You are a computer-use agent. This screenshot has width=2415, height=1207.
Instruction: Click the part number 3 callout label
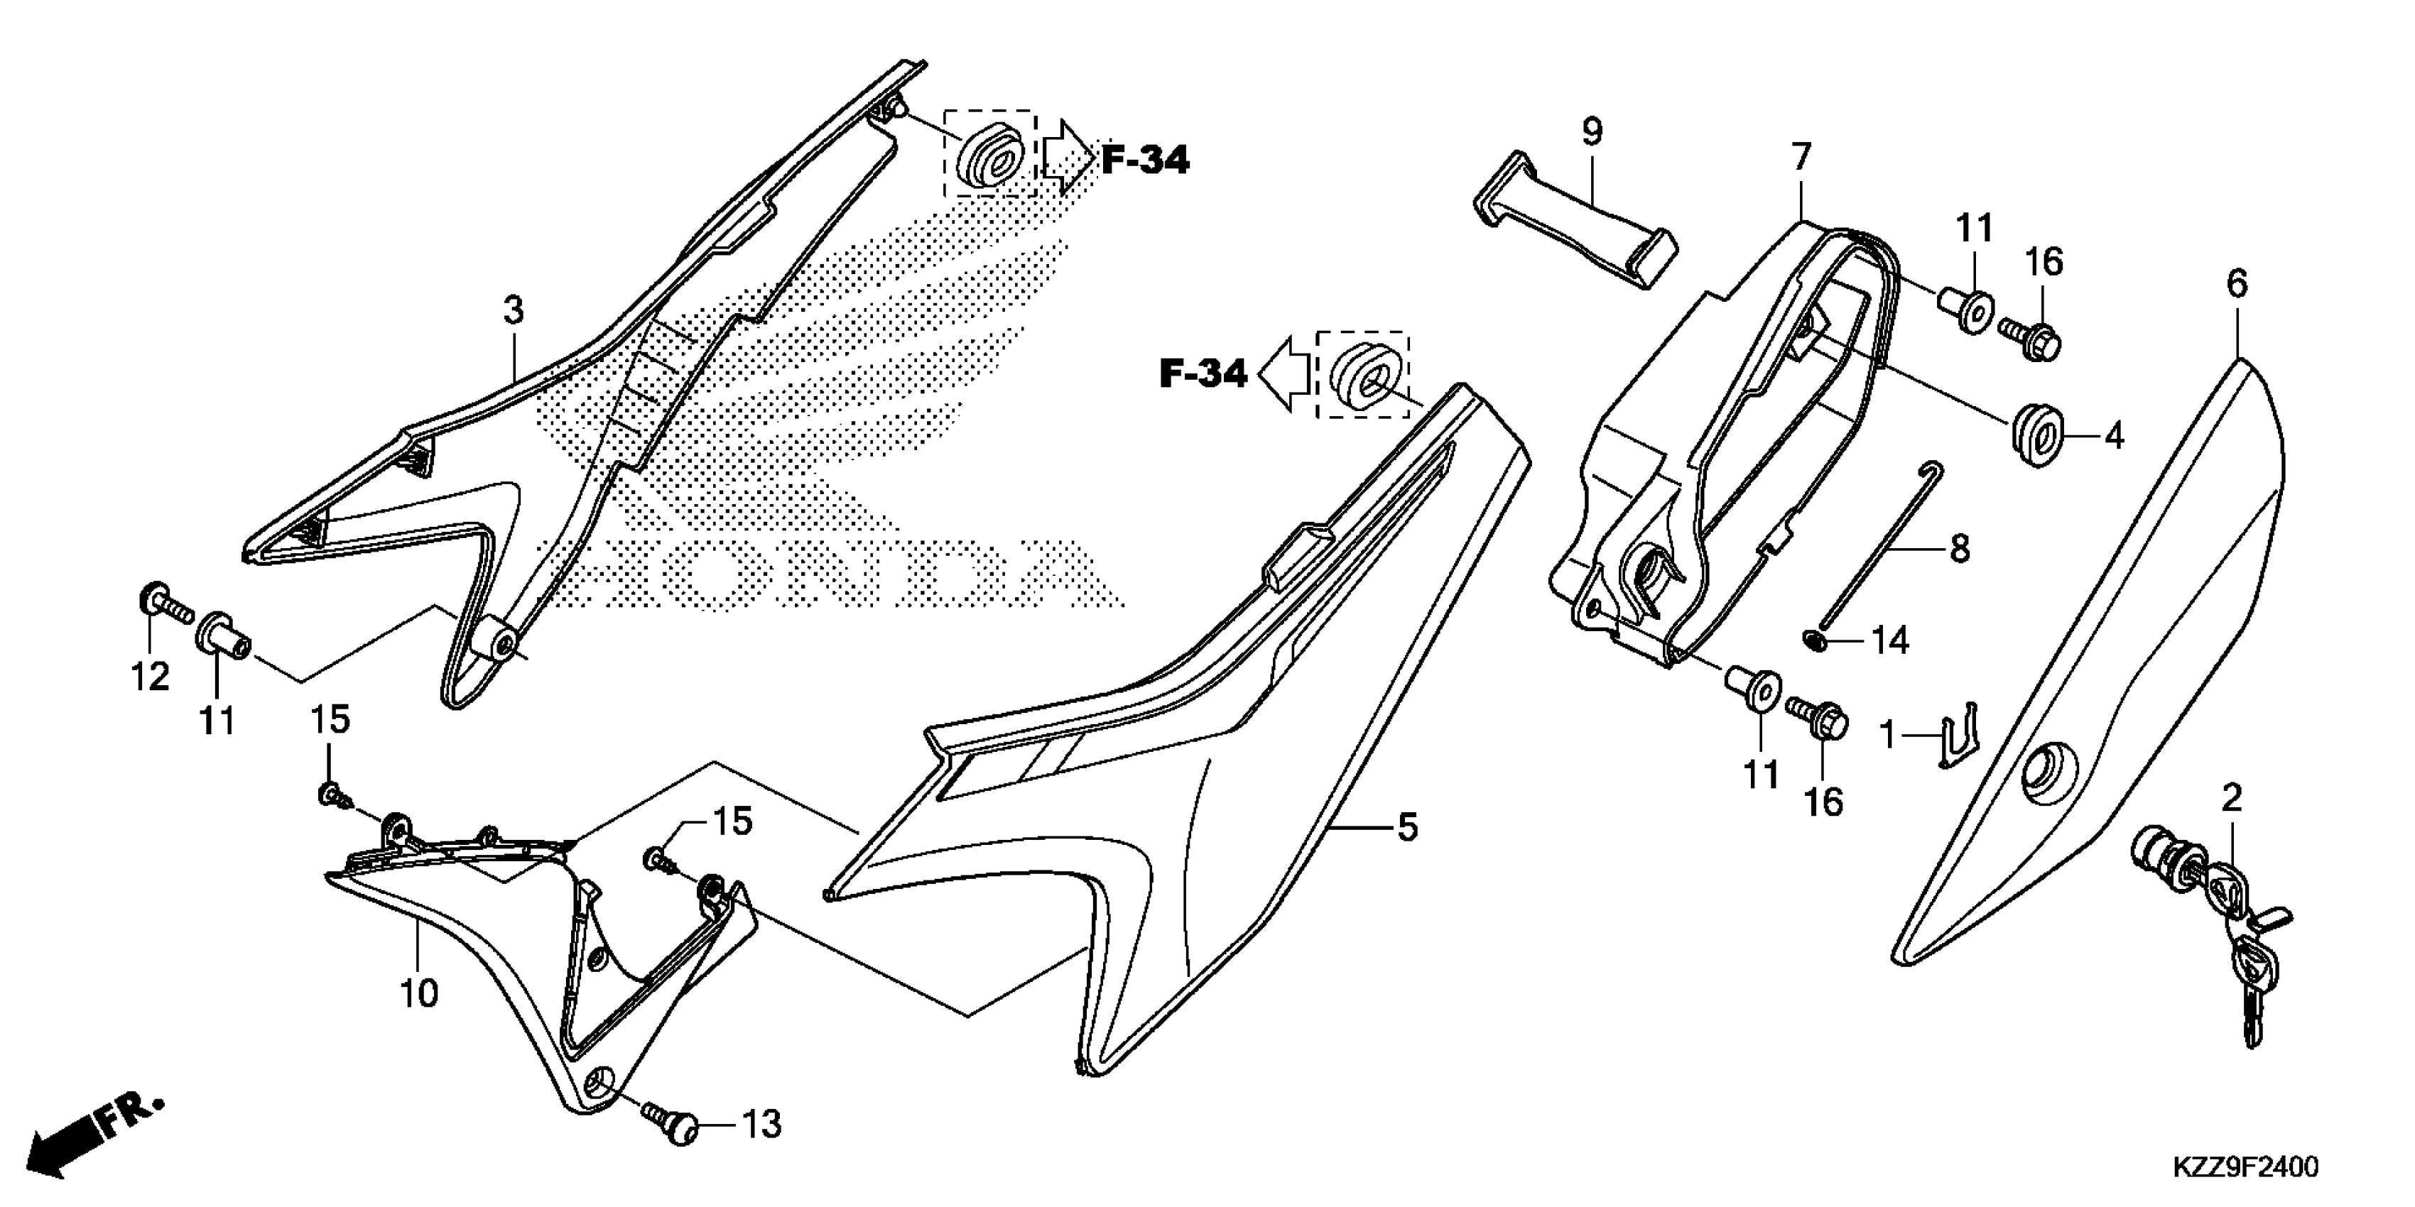coord(513,310)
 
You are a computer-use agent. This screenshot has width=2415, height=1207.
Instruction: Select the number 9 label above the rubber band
coord(1592,132)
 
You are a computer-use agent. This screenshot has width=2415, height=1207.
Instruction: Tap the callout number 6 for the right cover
coord(2237,283)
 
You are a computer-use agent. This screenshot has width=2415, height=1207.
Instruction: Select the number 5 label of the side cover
coord(1406,827)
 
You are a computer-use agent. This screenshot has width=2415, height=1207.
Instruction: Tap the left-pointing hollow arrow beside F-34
coord(1284,374)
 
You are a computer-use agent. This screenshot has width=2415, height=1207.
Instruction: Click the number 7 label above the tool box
coord(1800,156)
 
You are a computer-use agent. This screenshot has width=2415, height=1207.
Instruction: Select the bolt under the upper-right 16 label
coord(2031,339)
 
